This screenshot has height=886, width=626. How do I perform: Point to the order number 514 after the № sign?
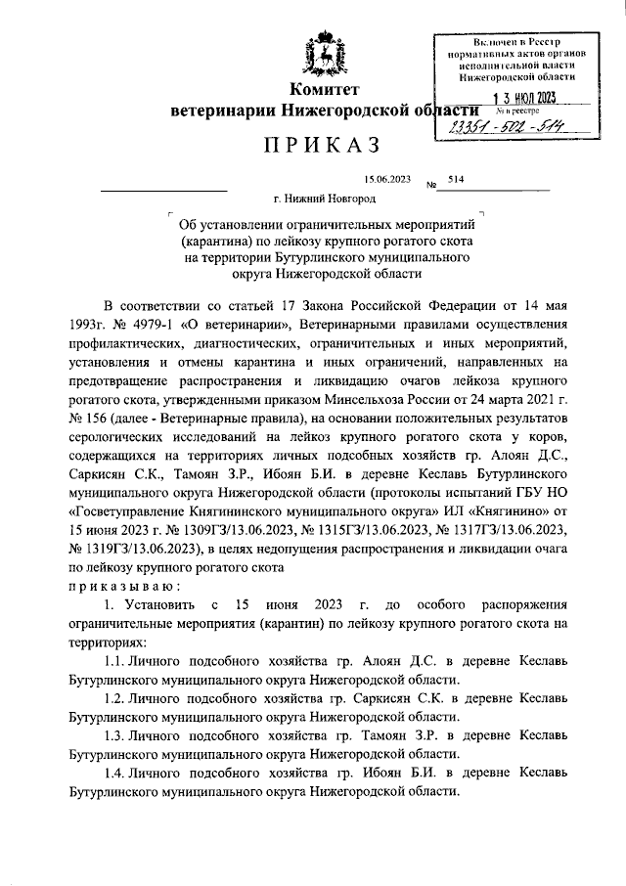455,180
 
